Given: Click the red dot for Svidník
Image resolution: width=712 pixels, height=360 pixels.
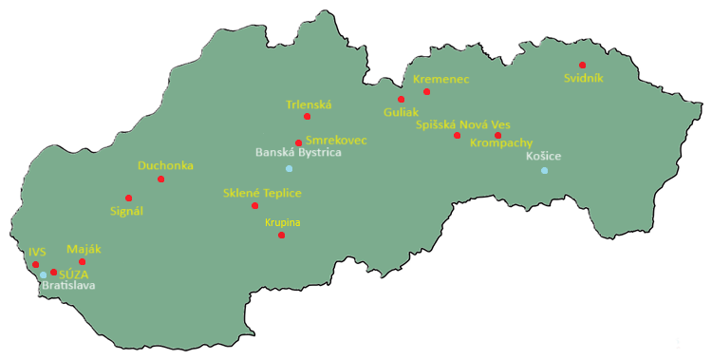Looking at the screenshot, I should click(582, 65).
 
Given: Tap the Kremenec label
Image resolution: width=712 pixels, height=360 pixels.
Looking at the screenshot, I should click(440, 79).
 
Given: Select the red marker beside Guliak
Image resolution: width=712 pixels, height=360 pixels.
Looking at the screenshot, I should click(401, 99).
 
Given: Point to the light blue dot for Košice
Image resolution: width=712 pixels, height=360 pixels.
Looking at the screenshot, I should click(544, 170).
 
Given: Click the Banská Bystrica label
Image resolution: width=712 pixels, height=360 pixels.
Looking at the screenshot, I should click(298, 152).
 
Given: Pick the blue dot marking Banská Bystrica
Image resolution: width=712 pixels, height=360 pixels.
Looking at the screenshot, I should click(289, 168).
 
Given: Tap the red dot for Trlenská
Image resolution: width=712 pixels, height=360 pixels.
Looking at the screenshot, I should click(307, 116).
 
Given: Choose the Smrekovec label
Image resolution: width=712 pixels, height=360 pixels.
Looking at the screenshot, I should click(336, 140).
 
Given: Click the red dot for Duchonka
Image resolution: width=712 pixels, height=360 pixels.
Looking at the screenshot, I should click(160, 179).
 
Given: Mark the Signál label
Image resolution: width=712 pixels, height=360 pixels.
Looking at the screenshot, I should click(126, 211).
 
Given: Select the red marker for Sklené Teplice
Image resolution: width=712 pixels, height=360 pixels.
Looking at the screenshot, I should click(254, 205).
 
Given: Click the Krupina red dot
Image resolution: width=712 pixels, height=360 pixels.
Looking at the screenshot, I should click(281, 235).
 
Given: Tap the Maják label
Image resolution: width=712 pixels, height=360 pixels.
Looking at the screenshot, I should click(84, 249).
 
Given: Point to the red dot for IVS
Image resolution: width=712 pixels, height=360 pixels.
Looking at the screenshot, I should click(35, 264).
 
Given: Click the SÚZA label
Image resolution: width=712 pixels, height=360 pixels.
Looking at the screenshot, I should click(73, 274).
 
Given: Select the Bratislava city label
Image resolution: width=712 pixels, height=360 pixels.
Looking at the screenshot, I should click(68, 285).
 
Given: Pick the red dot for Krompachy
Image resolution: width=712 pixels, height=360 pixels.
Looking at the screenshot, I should click(497, 135).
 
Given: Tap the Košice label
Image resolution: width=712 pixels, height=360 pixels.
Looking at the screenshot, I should click(544, 156).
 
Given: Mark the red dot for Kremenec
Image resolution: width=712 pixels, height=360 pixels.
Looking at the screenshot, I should click(426, 91).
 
